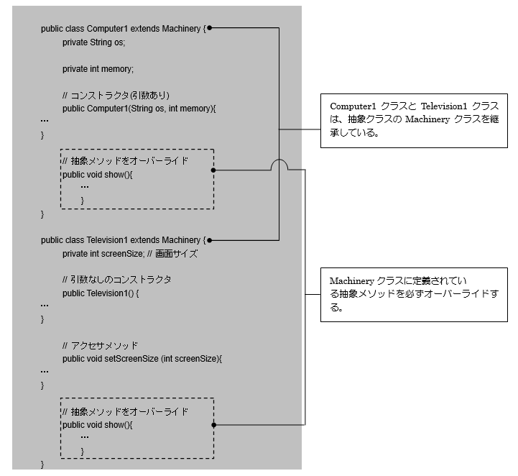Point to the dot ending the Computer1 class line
(x=209, y=29)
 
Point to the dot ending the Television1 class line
(x=209, y=240)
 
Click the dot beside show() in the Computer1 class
(x=213, y=170)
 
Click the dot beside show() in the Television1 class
(x=213, y=425)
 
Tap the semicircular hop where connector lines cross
(x=279, y=165)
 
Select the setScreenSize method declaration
(x=142, y=359)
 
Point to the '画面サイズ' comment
(x=177, y=254)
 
